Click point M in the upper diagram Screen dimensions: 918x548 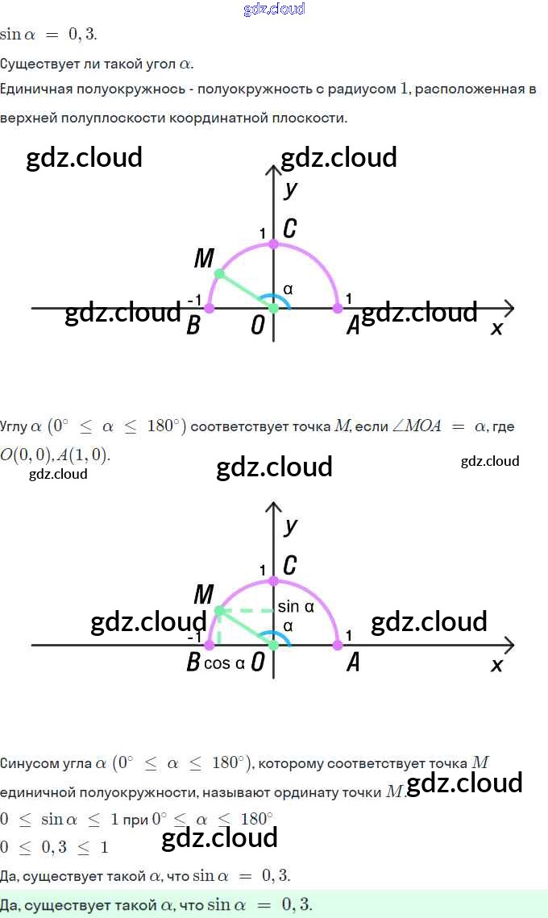point(219,274)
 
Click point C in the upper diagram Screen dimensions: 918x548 point(273,243)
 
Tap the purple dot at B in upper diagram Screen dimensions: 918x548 point(210,308)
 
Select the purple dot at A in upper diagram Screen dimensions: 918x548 point(338,308)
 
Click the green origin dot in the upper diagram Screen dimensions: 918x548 point(273,308)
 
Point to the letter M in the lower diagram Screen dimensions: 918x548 point(203,596)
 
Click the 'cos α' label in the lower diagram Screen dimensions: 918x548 point(224,663)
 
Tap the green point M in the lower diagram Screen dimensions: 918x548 point(219,611)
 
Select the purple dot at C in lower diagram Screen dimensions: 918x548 point(273,580)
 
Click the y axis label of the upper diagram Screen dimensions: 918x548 point(291,189)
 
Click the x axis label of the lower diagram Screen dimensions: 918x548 point(496,665)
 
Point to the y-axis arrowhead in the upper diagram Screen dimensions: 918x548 point(273,169)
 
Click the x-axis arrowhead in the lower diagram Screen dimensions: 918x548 point(509,645)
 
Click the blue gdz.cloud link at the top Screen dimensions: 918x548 point(274,9)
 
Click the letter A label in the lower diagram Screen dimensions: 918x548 point(352,663)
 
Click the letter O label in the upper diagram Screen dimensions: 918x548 point(258,325)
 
